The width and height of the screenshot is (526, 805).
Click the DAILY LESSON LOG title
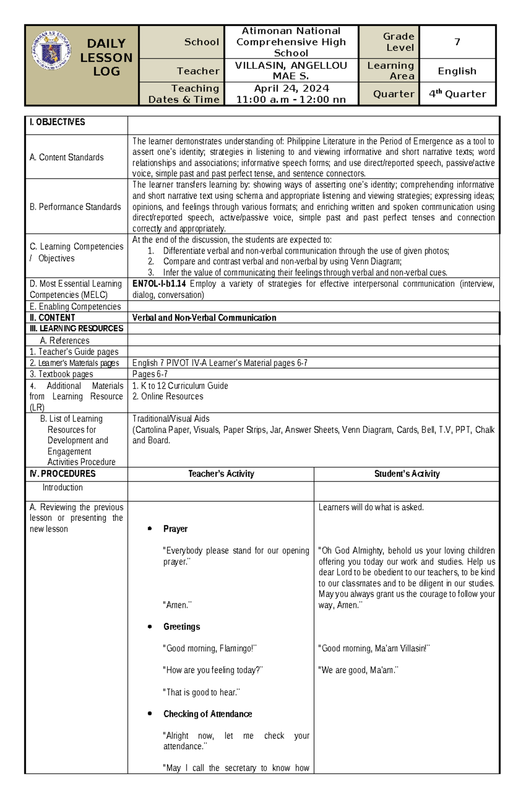106,57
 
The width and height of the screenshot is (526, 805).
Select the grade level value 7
457,42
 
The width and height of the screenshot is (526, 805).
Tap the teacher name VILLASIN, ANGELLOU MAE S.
291,71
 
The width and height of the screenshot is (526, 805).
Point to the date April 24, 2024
291,89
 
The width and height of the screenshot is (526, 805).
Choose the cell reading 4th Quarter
457,94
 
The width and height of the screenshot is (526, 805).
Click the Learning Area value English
457,71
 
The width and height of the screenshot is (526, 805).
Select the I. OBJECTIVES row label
57,122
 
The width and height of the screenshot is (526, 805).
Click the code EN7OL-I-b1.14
159,284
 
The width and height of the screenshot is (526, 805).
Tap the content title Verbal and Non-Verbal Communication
204,318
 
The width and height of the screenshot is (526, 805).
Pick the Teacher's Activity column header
221,474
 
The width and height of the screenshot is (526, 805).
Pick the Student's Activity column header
407,474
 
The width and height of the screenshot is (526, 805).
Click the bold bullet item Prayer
175,529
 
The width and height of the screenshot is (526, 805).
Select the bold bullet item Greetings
181,627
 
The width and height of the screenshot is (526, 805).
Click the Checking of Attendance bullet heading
207,714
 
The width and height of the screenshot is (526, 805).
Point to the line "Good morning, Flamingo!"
210,648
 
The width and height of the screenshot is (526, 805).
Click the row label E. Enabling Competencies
75,307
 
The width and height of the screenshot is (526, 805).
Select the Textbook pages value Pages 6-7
150,374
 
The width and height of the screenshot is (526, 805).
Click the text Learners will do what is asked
371,508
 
